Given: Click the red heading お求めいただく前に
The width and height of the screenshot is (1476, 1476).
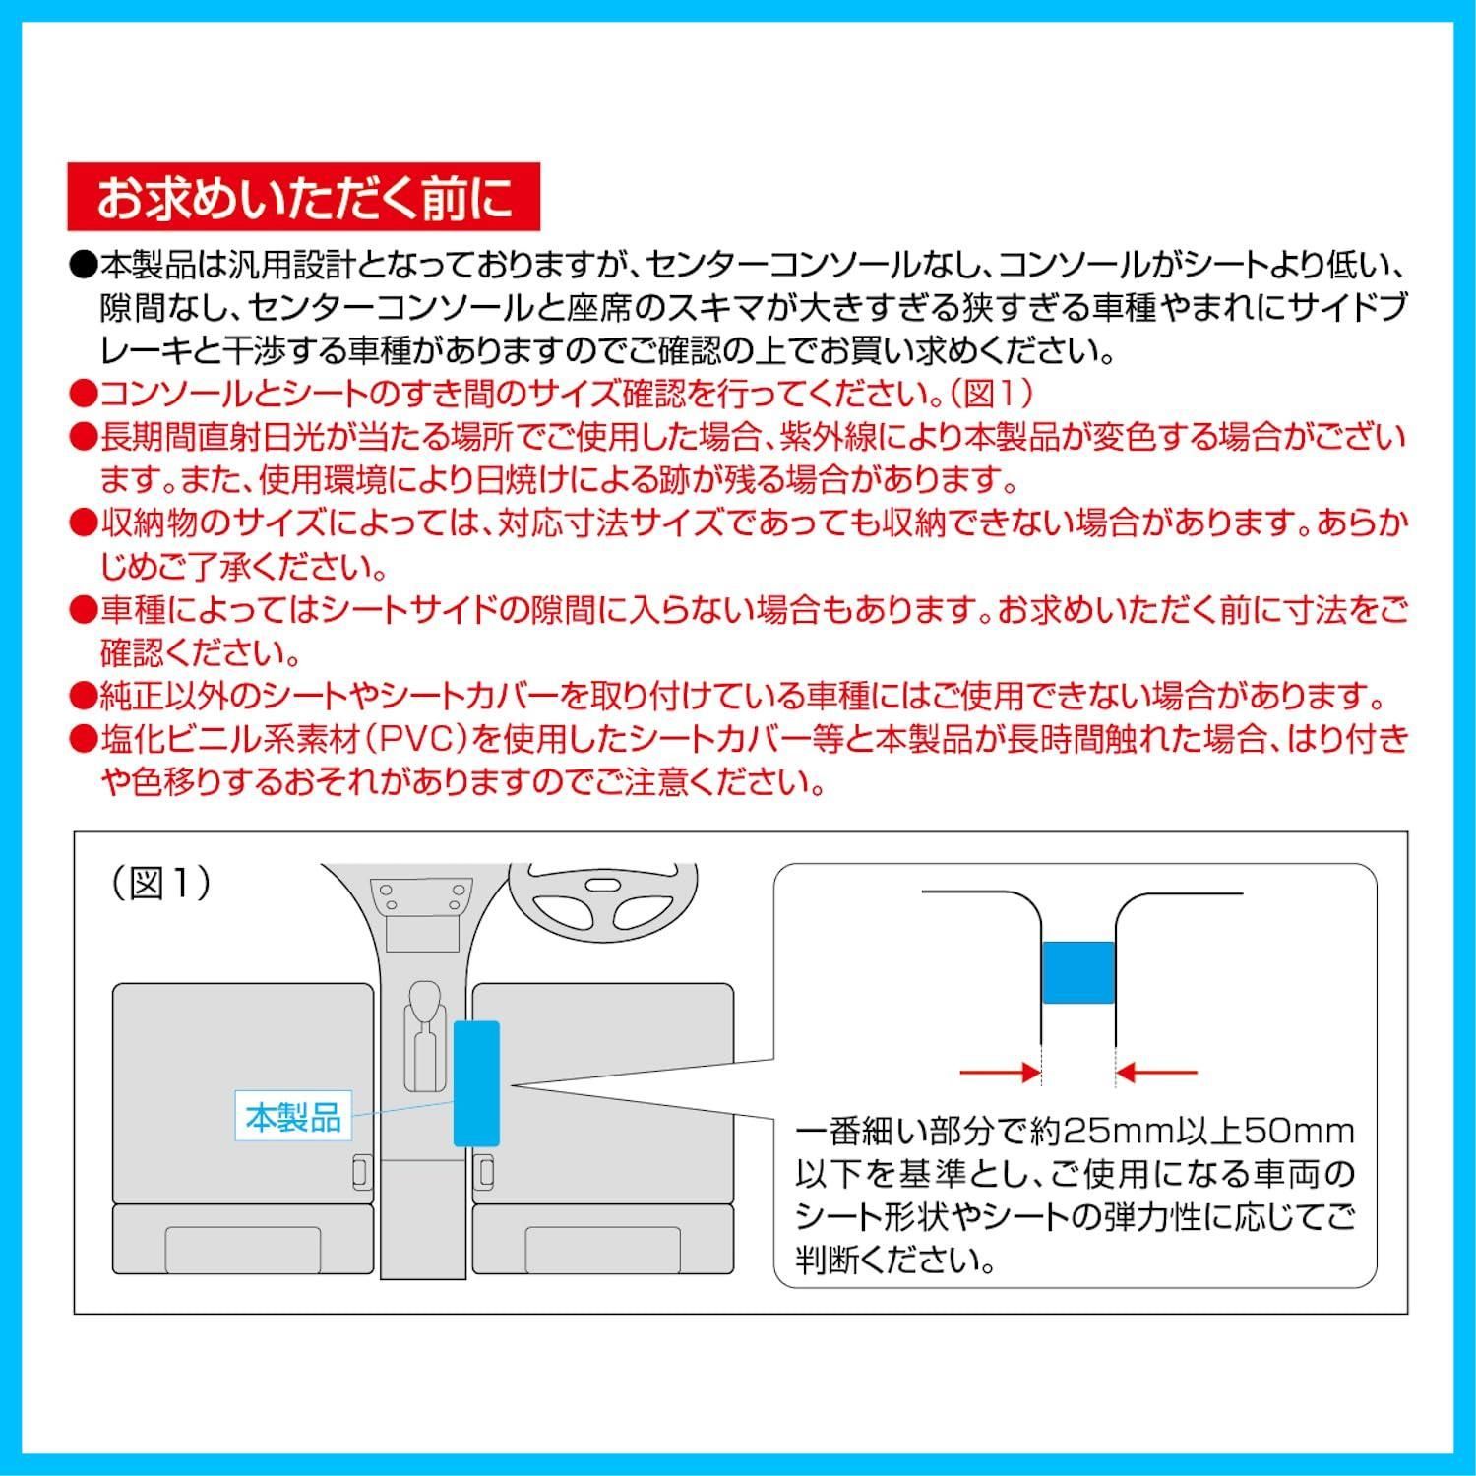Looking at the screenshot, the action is tap(304, 197).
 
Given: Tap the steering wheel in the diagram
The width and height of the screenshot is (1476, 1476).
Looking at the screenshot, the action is tap(603, 900).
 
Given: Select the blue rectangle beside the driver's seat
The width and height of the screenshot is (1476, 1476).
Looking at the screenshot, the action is tap(476, 1083).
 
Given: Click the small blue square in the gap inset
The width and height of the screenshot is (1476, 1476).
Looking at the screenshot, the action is tap(1077, 972).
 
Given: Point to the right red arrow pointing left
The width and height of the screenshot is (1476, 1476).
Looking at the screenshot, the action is tap(1156, 1072).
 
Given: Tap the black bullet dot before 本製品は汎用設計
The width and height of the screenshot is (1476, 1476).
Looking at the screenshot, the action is tap(83, 266).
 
